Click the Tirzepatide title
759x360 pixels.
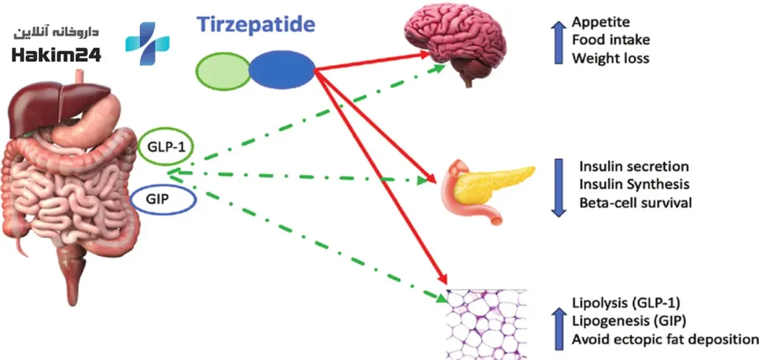pyautogui.click(x=256, y=24)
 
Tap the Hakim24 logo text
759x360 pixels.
pyautogui.click(x=56, y=56)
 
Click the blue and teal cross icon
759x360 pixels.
pyautogui.click(x=148, y=43)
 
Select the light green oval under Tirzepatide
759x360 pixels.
pyautogui.click(x=222, y=71)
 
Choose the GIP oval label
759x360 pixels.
pyautogui.click(x=163, y=199)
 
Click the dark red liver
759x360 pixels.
pyautogui.click(x=58, y=107)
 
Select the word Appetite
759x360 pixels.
pyautogui.click(x=600, y=23)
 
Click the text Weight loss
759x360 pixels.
pyautogui.click(x=610, y=59)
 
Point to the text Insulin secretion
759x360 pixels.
pyautogui.click(x=634, y=167)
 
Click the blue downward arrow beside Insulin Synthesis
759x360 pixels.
pyautogui.click(x=559, y=187)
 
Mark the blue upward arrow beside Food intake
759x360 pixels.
pyautogui.click(x=559, y=42)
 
